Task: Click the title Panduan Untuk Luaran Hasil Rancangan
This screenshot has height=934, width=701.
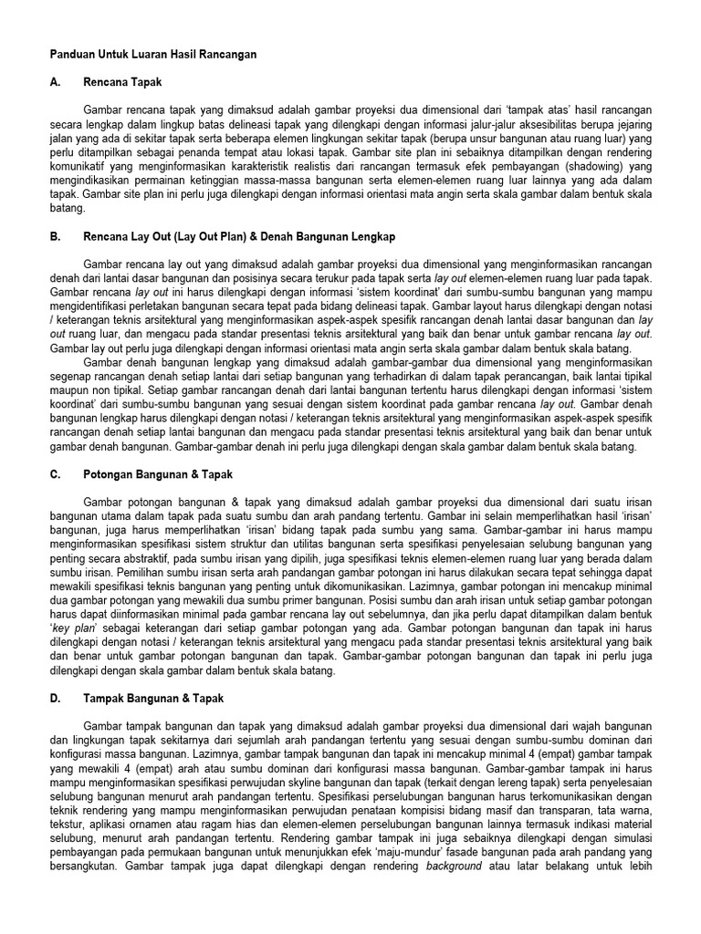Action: tap(153, 55)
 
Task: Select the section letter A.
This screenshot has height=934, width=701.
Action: tap(56, 82)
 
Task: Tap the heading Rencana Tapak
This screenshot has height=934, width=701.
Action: tap(122, 82)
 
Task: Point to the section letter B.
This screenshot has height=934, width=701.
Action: tap(56, 236)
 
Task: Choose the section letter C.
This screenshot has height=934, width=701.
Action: tap(56, 474)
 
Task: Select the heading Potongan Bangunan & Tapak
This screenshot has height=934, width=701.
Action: tap(158, 474)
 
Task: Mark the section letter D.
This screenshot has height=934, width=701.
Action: tap(56, 698)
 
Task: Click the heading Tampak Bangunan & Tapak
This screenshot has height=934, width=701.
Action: tap(153, 698)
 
